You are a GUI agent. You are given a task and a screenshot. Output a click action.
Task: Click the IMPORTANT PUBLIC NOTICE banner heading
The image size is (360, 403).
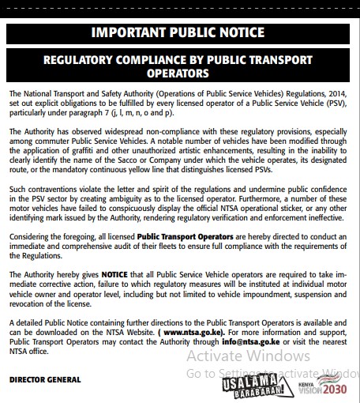click(x=180, y=32)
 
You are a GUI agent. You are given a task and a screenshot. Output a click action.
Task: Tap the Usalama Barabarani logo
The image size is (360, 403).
click(x=268, y=387)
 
